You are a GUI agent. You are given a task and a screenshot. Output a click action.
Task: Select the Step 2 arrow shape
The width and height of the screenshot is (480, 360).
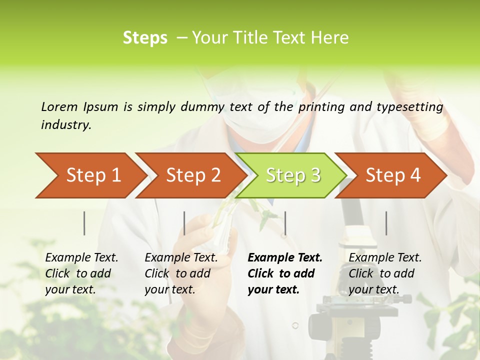[192, 175]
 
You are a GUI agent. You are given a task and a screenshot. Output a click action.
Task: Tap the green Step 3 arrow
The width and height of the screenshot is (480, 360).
[292, 175]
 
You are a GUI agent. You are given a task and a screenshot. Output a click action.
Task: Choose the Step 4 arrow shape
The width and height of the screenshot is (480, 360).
[392, 175]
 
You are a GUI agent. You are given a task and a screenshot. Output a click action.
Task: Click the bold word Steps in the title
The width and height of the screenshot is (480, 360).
[145, 38]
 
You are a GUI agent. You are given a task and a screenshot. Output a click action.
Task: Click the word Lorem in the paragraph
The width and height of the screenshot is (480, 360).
[59, 106]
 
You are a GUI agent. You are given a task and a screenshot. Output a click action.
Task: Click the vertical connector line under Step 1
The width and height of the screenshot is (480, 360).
[84, 223]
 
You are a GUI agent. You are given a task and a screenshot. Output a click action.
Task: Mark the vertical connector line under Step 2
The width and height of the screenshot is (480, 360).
[184, 223]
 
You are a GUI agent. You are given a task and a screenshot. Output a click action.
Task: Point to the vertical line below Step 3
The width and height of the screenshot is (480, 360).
[285, 223]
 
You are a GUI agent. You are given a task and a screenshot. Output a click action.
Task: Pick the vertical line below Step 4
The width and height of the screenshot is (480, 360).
[386, 223]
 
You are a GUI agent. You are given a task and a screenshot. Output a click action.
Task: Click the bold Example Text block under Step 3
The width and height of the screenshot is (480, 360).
[284, 273]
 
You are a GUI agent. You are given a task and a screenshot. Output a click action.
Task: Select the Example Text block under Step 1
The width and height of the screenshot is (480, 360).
[81, 273]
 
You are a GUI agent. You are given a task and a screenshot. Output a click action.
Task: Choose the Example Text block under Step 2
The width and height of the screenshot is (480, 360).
[181, 273]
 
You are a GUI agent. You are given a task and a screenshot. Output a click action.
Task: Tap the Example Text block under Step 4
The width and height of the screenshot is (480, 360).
[385, 273]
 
